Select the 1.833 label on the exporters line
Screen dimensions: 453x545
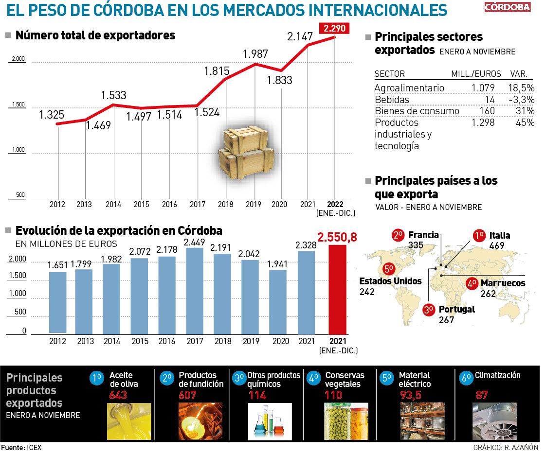(x=279, y=80)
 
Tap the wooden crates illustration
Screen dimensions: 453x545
(x=246, y=151)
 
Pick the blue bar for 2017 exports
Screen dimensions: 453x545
(x=195, y=291)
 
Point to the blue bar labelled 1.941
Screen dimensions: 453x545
(x=278, y=301)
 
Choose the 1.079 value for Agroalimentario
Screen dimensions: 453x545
(x=483, y=87)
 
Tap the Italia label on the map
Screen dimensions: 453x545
(x=500, y=236)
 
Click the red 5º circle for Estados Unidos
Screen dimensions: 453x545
(x=389, y=269)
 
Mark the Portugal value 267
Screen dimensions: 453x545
(x=446, y=320)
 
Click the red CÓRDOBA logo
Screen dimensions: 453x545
(x=508, y=7)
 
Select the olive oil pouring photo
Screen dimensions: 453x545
(x=128, y=415)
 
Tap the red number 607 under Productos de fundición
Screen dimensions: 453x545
(x=187, y=395)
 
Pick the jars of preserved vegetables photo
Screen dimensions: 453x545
(x=346, y=415)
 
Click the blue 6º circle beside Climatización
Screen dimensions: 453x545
(x=466, y=377)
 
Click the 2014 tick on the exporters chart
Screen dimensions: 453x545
(x=113, y=204)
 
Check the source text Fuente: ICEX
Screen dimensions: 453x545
(x=21, y=447)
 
